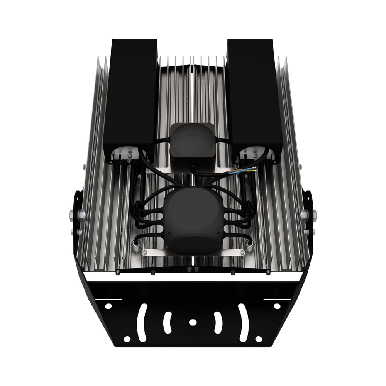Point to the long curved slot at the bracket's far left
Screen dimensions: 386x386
click(x=142, y=322)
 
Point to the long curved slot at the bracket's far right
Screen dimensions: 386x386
click(x=243, y=322)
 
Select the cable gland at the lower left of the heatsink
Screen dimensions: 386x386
click(x=136, y=245)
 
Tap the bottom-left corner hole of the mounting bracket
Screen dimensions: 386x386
click(x=127, y=339)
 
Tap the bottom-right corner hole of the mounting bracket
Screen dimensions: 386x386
click(x=259, y=339)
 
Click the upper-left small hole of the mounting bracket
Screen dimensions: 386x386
click(x=108, y=306)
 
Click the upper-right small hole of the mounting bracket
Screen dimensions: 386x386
click(x=277, y=306)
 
